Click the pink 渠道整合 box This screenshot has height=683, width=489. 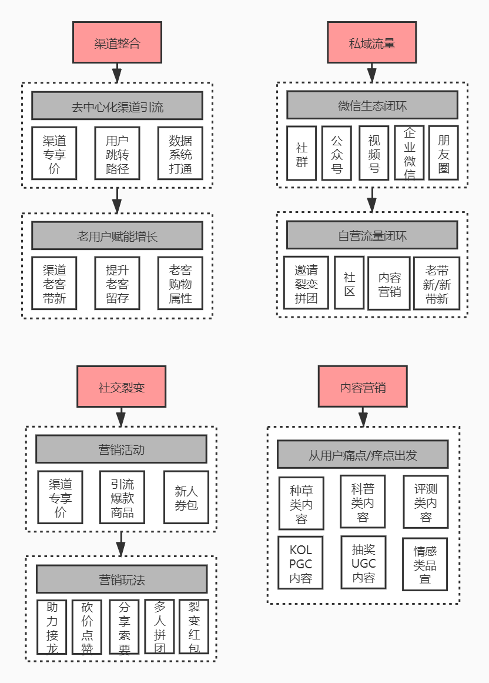(117, 42)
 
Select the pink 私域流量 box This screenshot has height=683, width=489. (371, 42)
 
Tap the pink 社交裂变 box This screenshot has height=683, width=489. (121, 387)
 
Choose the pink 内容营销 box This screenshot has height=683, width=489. (363, 386)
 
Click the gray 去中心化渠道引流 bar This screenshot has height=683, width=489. (117, 106)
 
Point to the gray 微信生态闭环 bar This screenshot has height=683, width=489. (372, 105)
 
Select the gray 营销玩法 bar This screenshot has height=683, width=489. (122, 579)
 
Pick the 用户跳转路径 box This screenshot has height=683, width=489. (117, 154)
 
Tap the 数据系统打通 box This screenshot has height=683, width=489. (180, 154)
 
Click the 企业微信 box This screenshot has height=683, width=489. (409, 153)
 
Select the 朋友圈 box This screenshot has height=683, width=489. (443, 153)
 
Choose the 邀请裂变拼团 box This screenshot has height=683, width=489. (306, 283)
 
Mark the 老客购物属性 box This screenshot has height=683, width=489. (180, 283)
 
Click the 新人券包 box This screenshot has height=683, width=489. (186, 497)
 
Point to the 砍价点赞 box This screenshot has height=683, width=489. (87, 627)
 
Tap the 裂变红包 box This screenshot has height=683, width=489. (194, 627)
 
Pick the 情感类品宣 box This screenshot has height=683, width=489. (425, 564)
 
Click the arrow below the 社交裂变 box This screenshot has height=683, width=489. (121, 417)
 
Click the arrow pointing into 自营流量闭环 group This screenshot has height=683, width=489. (372, 201)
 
